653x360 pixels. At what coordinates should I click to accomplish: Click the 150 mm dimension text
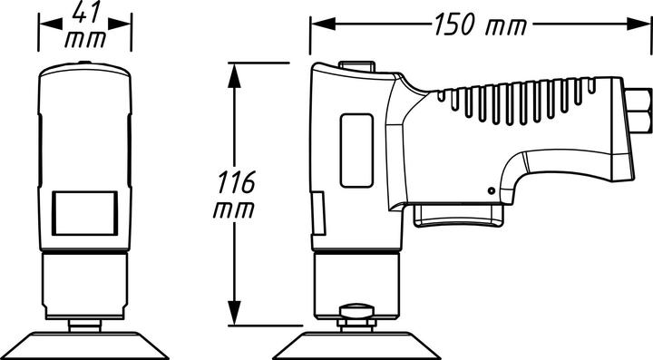pyautogui.click(x=479, y=24)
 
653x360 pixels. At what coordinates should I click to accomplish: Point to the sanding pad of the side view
pyautogui.click(x=357, y=345)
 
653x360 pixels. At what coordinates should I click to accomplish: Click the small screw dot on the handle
pyautogui.click(x=492, y=190)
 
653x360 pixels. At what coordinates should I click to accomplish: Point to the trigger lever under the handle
pyautogui.click(x=459, y=214)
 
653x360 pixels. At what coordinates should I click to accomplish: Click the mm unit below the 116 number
pyautogui.click(x=234, y=209)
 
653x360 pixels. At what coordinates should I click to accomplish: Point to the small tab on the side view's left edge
pyautogui.click(x=317, y=213)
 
